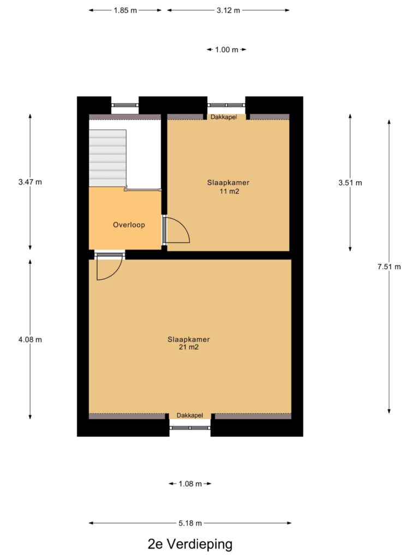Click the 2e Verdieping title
tap(190, 544)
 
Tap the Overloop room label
tap(129, 224)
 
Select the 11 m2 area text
tap(229, 192)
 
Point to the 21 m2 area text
tap(188, 347)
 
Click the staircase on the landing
tap(107, 158)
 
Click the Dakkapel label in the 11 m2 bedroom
tap(224, 117)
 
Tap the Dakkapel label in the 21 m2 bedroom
tap(190, 415)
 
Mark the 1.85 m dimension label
tap(125, 10)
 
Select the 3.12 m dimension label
tap(229, 10)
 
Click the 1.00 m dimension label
tap(226, 50)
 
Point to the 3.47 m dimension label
tap(30, 182)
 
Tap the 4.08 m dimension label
tap(30, 340)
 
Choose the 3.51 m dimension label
tap(350, 182)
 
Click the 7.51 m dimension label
tap(389, 266)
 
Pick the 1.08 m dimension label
tap(190, 484)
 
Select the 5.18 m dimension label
tap(190, 523)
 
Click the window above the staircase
tap(125, 105)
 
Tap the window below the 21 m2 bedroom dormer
tap(190, 427)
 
